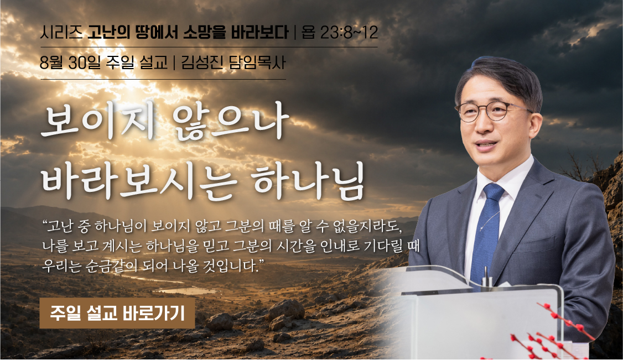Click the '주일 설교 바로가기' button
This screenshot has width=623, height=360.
pyautogui.click(x=117, y=313)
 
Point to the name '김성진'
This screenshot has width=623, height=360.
pyautogui.click(x=202, y=62)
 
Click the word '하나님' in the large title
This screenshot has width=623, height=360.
pyautogui.click(x=309, y=181)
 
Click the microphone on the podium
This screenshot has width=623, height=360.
pyautogui.click(x=485, y=276)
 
